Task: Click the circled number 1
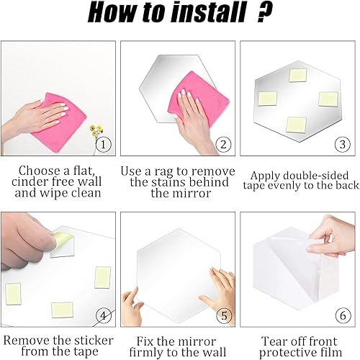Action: click(103, 145)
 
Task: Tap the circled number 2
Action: click(223, 145)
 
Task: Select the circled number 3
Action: click(343, 144)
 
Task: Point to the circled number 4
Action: click(103, 315)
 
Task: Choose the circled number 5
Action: click(224, 315)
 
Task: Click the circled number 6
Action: click(343, 315)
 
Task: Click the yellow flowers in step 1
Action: click(96, 131)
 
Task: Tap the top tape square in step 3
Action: click(298, 76)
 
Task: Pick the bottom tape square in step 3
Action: click(297, 125)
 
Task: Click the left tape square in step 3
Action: click(267, 99)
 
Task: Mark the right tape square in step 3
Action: click(328, 99)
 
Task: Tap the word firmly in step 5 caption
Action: click(146, 352)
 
